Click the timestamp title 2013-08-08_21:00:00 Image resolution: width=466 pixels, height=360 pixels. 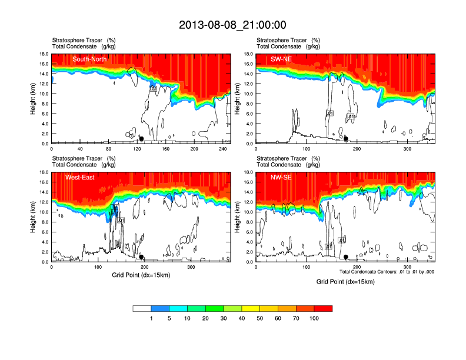tap(232, 25)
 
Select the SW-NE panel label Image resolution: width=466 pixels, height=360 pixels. tap(281, 59)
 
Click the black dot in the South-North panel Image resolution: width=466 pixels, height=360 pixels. tap(141, 139)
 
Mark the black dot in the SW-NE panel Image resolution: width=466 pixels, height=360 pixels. tap(346, 139)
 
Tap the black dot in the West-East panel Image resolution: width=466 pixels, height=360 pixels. tap(141, 257)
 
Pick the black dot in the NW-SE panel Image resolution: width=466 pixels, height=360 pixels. tap(346, 257)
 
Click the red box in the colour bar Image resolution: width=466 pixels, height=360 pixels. tap(323, 308)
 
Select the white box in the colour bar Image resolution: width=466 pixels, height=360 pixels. tap(142, 308)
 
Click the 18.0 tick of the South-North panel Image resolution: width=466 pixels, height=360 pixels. tap(43, 54)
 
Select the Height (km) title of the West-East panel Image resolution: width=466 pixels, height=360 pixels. tap(34, 217)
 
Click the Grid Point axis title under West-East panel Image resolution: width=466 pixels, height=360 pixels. tap(141, 275)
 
